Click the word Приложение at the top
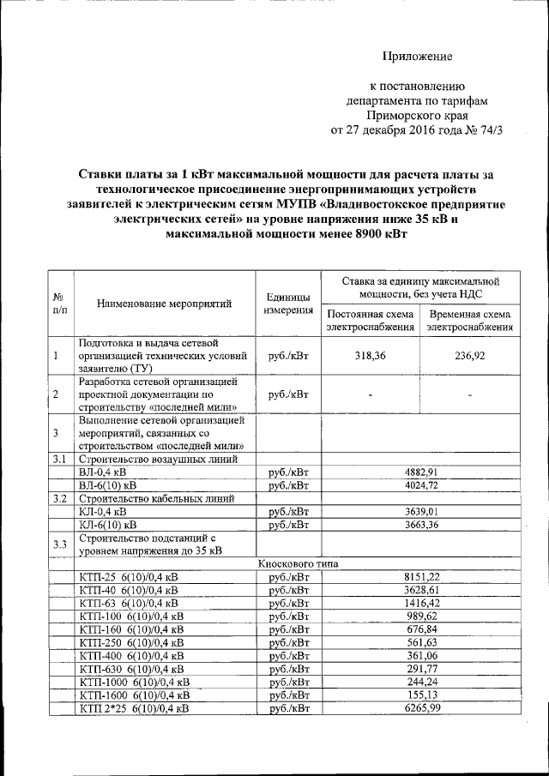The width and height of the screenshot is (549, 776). pyautogui.click(x=417, y=57)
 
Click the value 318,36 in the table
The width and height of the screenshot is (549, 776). pyautogui.click(x=369, y=356)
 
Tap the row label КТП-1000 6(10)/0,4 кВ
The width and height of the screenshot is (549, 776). pyautogui.click(x=134, y=682)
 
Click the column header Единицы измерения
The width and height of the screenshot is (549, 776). pyautogui.click(x=288, y=303)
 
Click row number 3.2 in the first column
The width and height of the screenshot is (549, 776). pyautogui.click(x=58, y=499)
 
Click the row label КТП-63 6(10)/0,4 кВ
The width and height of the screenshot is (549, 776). pyautogui.click(x=128, y=604)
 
